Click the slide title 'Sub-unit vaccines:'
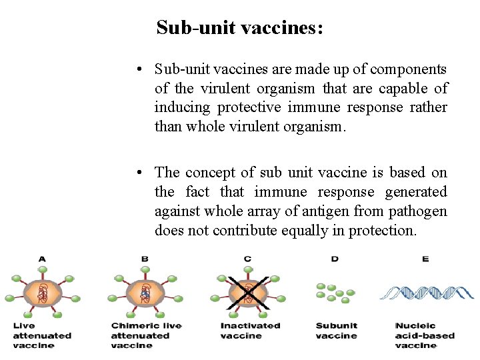[240, 28]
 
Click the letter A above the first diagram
[43, 259]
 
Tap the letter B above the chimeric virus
[145, 259]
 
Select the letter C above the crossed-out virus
[248, 259]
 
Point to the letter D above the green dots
[335, 259]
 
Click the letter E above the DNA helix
[425, 259]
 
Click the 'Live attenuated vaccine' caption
[42, 335]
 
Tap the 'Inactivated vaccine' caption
[250, 331]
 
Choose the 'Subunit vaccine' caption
[337, 331]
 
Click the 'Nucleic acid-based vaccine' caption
[425, 335]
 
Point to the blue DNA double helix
[427, 292]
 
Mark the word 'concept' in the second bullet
[211, 173]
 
